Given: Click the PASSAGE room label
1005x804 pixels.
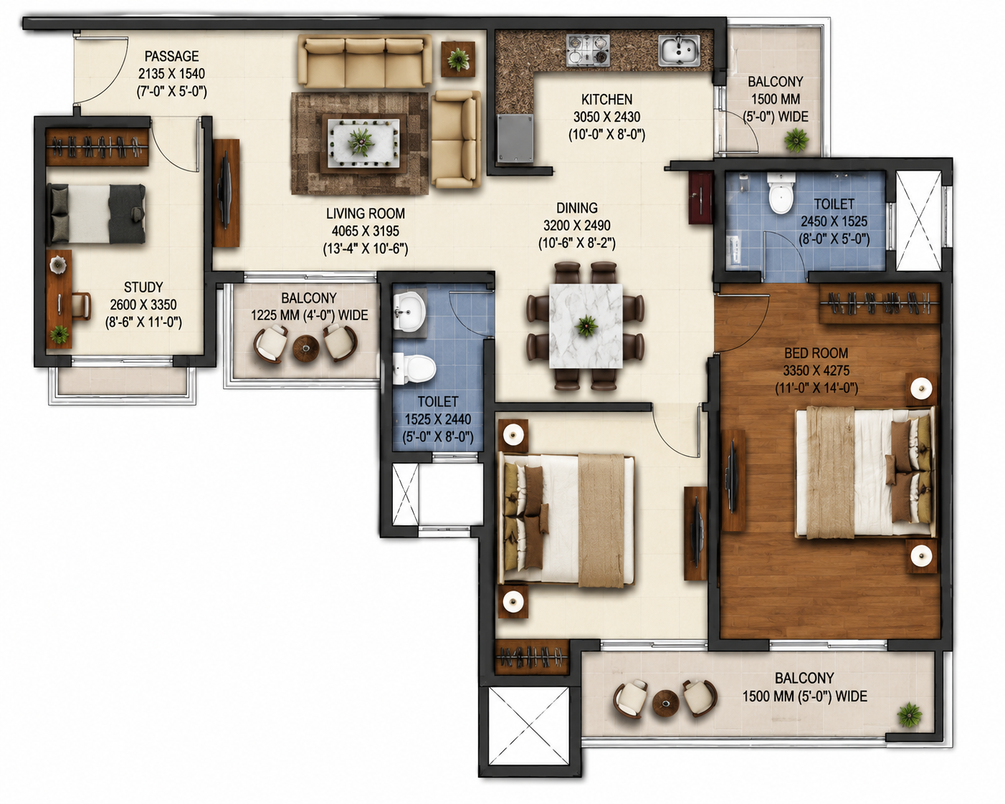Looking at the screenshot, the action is click(x=171, y=57).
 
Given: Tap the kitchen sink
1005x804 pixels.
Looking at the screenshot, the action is click(x=679, y=50).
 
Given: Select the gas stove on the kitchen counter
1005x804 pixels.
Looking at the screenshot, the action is click(x=588, y=49).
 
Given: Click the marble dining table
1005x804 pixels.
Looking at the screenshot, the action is click(x=586, y=325).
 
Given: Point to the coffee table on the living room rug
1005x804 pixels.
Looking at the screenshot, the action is click(x=363, y=143).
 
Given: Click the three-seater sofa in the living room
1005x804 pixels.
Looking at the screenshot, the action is click(x=365, y=61).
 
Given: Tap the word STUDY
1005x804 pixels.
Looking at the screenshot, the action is click(x=143, y=287).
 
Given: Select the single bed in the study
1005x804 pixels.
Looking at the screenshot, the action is click(x=96, y=214).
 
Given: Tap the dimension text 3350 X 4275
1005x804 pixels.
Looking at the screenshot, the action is click(x=816, y=370).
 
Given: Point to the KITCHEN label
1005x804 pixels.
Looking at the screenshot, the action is click(x=606, y=100).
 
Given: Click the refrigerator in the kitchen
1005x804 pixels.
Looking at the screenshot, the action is click(x=515, y=138).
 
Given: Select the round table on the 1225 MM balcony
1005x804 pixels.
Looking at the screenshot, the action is click(x=306, y=348).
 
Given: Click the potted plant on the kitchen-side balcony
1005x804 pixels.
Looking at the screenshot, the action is click(x=796, y=140).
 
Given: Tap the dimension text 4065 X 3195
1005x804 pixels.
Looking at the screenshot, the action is click(x=365, y=231).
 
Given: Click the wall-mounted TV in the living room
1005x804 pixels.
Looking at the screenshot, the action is click(x=225, y=192).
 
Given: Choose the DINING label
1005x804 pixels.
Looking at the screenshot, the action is click(x=577, y=208).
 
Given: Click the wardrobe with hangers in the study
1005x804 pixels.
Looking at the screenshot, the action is click(x=97, y=147).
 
